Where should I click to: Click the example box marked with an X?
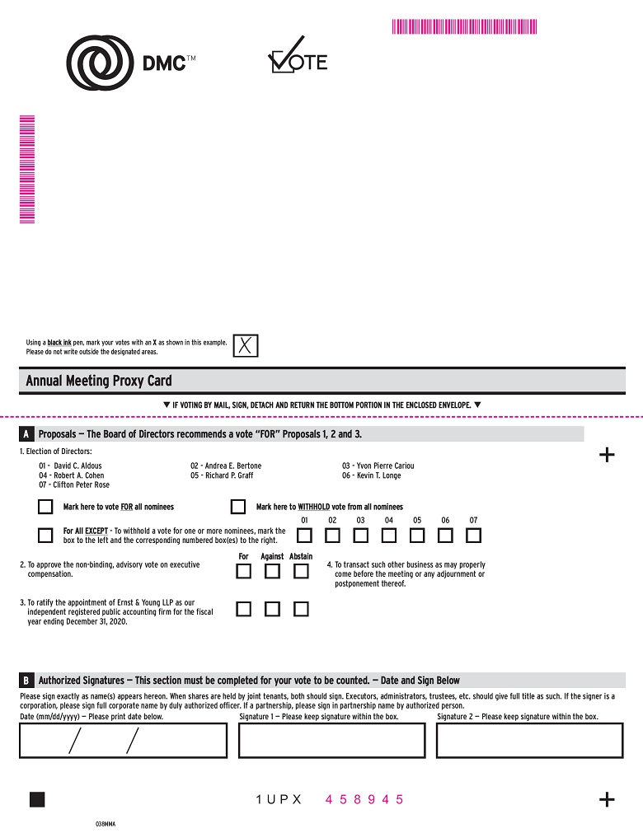pyautogui.click(x=246, y=346)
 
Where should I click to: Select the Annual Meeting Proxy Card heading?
pyautogui.click(x=99, y=381)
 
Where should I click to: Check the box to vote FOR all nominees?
pyautogui.click(x=45, y=507)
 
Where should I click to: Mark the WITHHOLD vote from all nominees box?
pyautogui.click(x=238, y=507)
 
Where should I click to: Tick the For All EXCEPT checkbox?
pyautogui.click(x=45, y=535)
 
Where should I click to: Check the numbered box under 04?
pyautogui.click(x=388, y=535)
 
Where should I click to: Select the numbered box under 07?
pyautogui.click(x=473, y=535)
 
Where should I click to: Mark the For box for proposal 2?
pyautogui.click(x=244, y=572)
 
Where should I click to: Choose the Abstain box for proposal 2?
pyautogui.click(x=301, y=572)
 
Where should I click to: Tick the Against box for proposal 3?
pyautogui.click(x=273, y=609)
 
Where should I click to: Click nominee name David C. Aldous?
pyautogui.click(x=77, y=466)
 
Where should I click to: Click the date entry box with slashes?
pyautogui.click(x=123, y=740)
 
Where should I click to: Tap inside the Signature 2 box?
pyautogui.click(x=529, y=740)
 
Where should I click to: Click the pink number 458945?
pyautogui.click(x=364, y=799)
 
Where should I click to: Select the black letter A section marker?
pyautogui.click(x=26, y=434)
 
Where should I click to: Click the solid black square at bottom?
pyautogui.click(x=37, y=799)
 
